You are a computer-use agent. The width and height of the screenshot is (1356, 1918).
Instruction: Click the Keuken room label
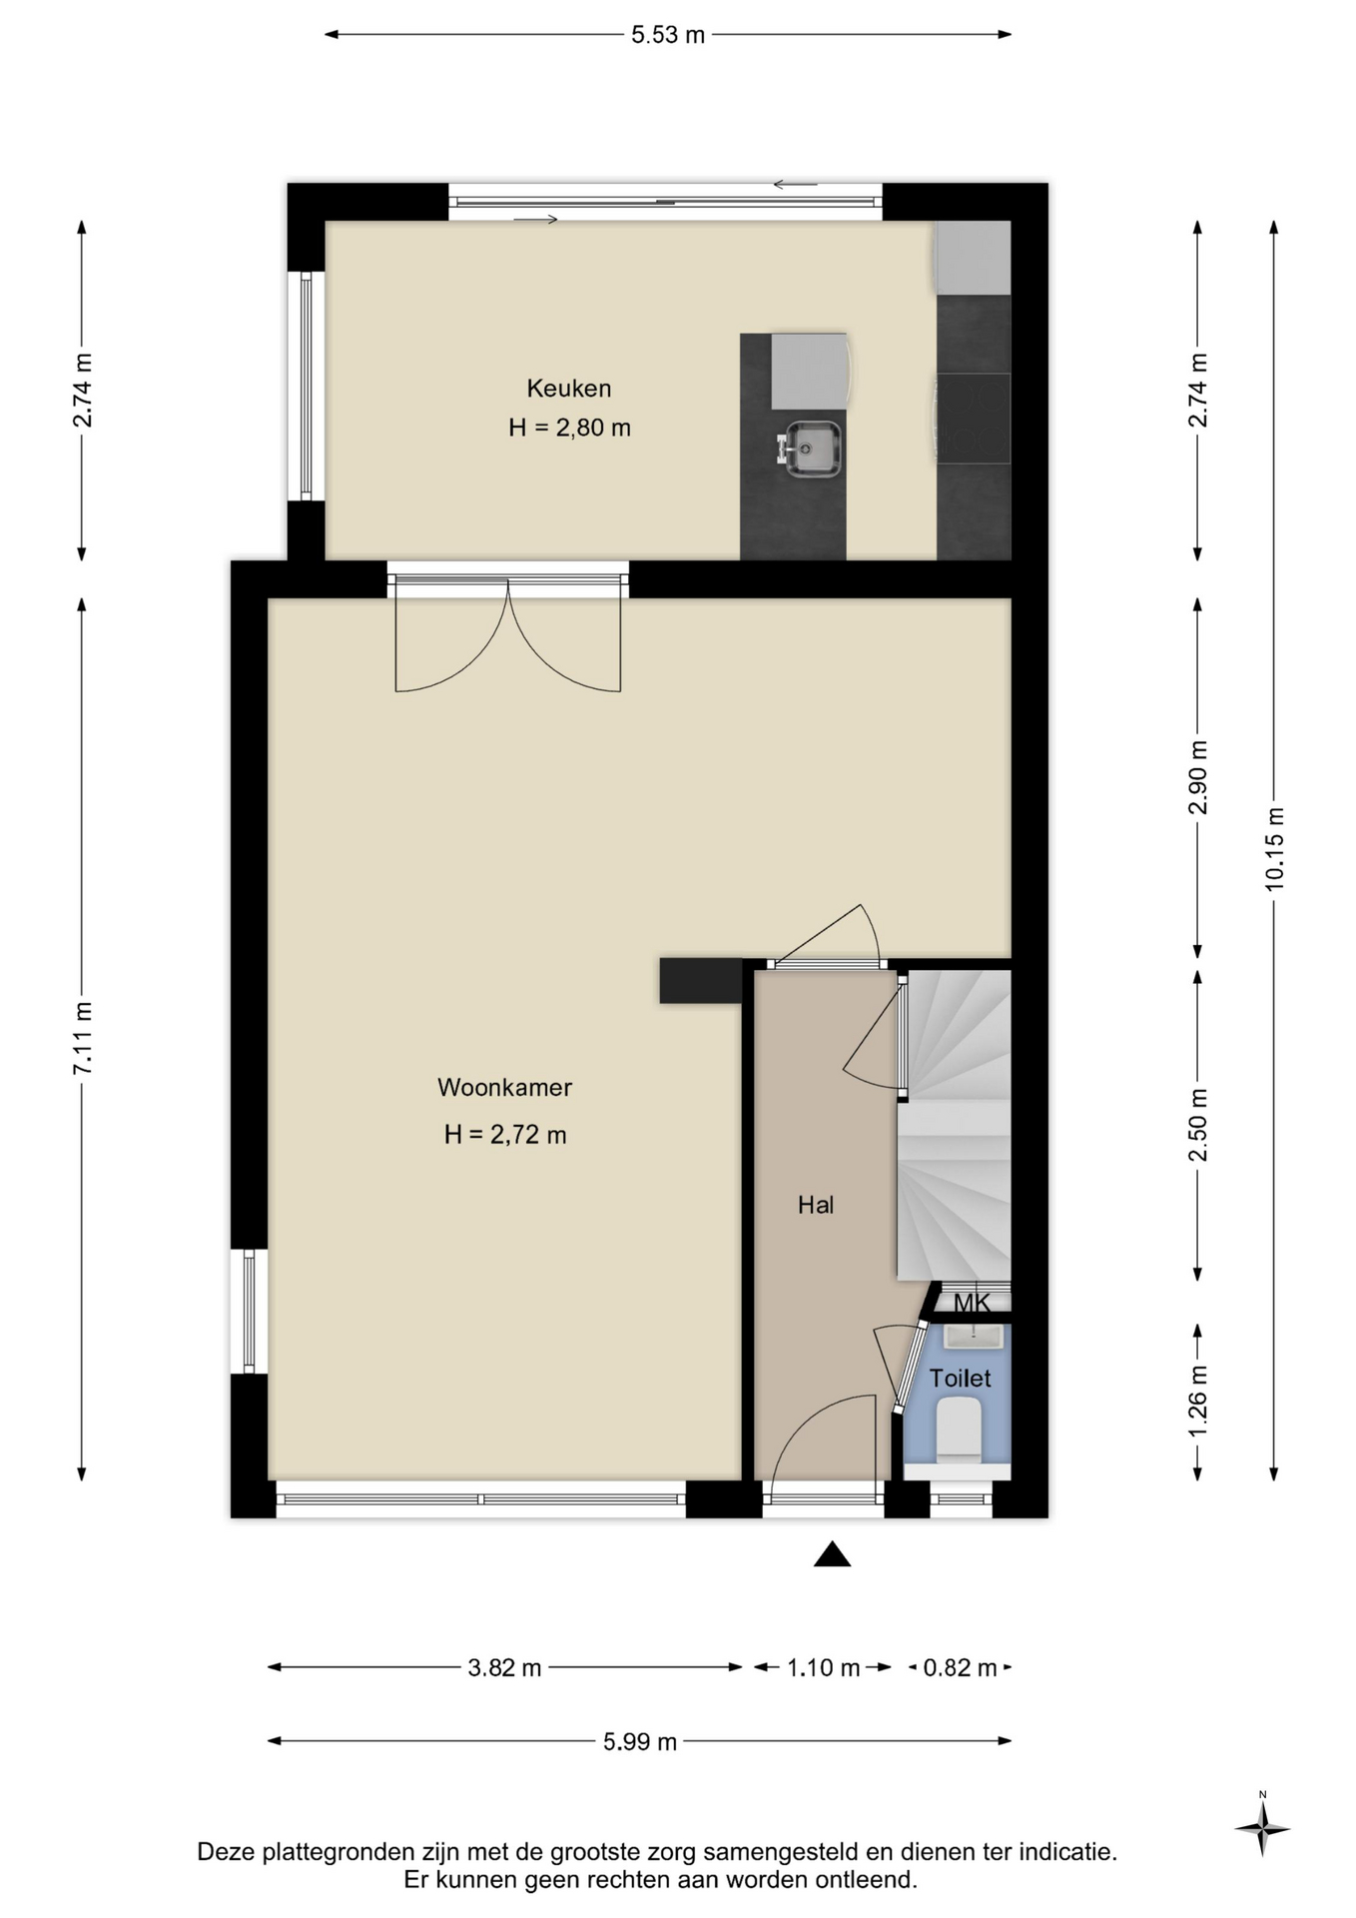pos(569,388)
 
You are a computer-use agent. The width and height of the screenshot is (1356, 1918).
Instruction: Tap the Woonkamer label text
pos(504,1088)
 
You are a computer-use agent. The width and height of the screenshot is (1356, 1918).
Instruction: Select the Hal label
pos(816,1206)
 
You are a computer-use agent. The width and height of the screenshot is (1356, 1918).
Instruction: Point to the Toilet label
pos(961,1379)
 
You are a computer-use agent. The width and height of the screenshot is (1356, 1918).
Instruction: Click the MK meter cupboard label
pos(972,1303)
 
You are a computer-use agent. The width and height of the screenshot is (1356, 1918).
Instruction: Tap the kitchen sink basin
pos(812,450)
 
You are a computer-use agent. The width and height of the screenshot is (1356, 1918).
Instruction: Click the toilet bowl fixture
pos(960,1426)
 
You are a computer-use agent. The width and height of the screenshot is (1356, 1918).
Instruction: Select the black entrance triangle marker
pos(832,1554)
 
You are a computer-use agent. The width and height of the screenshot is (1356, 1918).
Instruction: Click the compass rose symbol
pos(1263,1829)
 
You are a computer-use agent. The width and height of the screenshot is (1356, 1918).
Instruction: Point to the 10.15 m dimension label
pos(1274,848)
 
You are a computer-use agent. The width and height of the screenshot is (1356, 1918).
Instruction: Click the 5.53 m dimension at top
pos(668,35)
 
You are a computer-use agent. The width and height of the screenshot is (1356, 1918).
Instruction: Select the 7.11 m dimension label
pos(83,1038)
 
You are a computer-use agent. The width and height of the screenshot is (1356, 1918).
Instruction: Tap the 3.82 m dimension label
pos(504,1667)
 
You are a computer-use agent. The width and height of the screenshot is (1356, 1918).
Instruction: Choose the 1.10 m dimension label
pos(823,1667)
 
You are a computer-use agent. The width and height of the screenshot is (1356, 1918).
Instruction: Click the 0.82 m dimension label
pos(960,1667)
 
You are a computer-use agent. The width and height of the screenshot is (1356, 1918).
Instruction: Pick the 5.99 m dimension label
pos(640,1742)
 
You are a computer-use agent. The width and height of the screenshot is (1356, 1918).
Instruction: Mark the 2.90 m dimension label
pos(1198,777)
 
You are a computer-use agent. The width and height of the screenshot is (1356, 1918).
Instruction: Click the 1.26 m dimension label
pos(1198,1402)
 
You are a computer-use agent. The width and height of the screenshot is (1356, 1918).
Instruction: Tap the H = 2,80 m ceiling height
pos(569,428)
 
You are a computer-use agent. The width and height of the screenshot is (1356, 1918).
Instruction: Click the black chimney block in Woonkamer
pos(701,980)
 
